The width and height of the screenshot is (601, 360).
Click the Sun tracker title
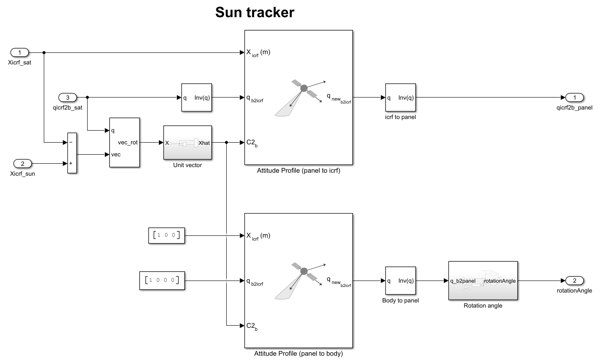[255, 12]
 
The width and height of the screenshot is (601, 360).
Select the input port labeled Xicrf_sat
[19, 52]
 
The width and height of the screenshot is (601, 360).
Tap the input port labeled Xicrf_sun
[23, 163]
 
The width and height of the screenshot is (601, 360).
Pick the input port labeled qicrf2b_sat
[68, 97]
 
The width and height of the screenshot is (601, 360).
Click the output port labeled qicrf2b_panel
[574, 97]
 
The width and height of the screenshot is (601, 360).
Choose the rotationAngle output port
[574, 281]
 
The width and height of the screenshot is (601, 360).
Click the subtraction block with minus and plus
[72, 153]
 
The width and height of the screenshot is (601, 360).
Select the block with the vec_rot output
[124, 142]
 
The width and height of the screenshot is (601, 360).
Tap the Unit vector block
[188, 143]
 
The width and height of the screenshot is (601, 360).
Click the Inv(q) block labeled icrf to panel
[401, 98]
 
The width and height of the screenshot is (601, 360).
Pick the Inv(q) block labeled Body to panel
[401, 281]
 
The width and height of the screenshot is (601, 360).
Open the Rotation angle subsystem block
[483, 281]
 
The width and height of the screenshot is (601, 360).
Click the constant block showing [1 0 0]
[167, 235]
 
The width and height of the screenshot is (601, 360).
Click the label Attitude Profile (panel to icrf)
[298, 171]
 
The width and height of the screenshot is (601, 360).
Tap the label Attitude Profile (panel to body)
[298, 354]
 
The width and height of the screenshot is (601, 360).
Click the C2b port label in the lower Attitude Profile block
[252, 326]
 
